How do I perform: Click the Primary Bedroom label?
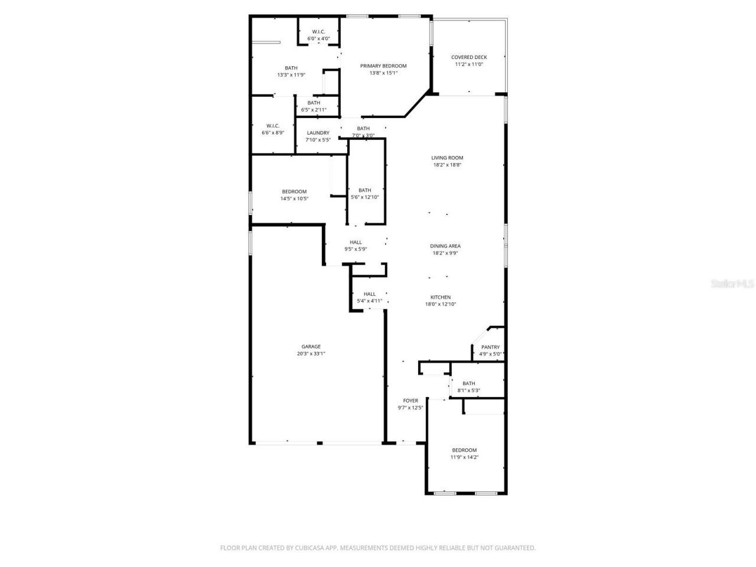(x=383, y=66)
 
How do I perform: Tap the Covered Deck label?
(x=469, y=57)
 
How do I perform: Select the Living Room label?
(x=447, y=158)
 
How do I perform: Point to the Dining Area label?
(x=445, y=246)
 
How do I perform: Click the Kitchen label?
(x=441, y=297)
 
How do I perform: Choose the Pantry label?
(x=490, y=347)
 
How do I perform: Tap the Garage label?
(x=311, y=347)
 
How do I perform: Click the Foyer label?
(x=410, y=400)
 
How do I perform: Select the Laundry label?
(x=318, y=133)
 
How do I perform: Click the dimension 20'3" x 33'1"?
(x=311, y=354)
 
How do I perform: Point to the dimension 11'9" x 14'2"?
(x=464, y=457)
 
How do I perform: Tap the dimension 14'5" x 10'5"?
(x=294, y=198)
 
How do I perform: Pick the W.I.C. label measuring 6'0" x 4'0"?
(x=318, y=31)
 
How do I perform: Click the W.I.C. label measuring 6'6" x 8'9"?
(x=272, y=125)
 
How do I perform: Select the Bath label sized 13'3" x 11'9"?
(x=291, y=68)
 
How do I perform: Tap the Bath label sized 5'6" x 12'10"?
(x=364, y=190)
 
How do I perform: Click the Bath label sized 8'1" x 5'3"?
(x=468, y=383)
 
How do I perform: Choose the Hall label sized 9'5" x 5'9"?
(x=356, y=242)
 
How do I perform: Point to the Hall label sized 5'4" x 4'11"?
(x=369, y=294)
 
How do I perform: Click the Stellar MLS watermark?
(x=732, y=283)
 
